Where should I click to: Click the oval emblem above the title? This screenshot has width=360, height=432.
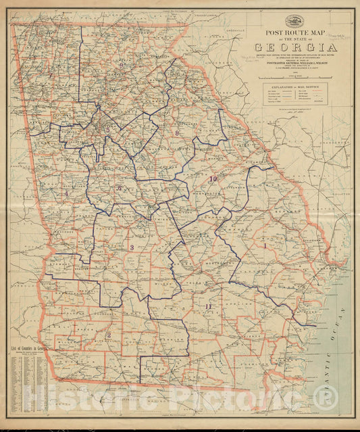(295, 20)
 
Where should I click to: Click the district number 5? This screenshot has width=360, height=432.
(107, 130)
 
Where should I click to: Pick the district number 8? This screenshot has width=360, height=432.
(176, 134)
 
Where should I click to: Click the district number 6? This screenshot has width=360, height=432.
(120, 188)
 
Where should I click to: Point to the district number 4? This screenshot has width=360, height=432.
(66, 193)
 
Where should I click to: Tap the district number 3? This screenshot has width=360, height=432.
(132, 247)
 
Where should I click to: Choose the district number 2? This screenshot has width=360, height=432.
(108, 334)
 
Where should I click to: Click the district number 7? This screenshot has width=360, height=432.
(51, 74)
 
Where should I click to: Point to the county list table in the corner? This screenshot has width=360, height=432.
(30, 382)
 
